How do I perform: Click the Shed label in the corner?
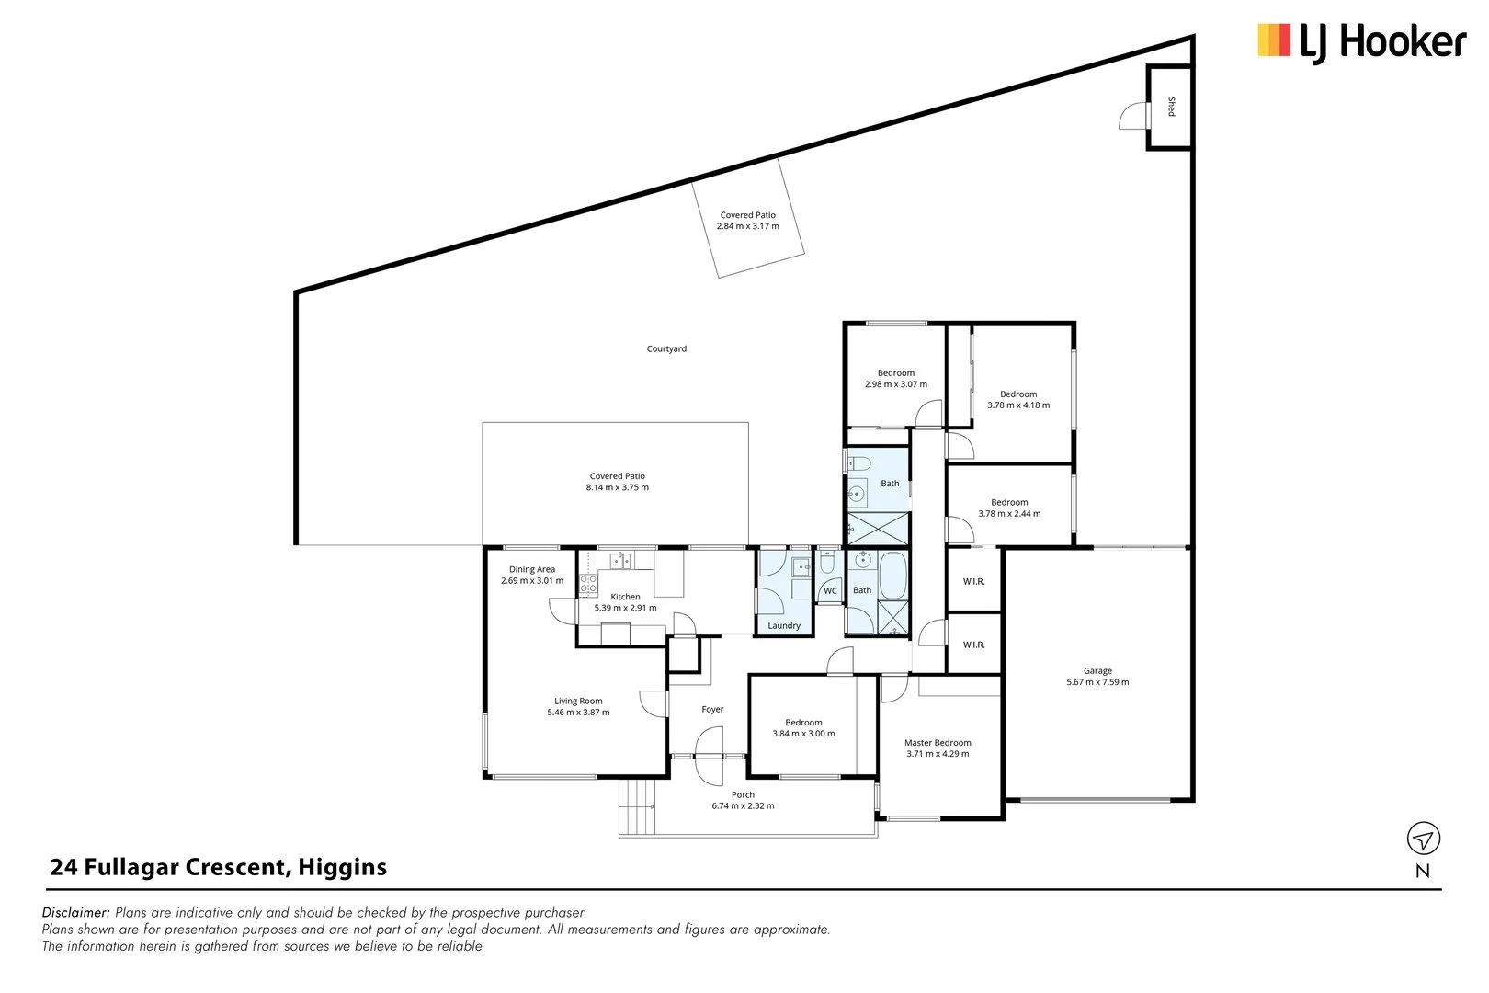(x=1171, y=107)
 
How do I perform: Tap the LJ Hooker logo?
(x=1360, y=42)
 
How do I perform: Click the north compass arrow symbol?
(x=1423, y=839)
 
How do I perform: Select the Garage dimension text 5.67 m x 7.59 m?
(x=1097, y=682)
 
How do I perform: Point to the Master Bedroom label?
(x=938, y=743)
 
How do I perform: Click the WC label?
(x=830, y=591)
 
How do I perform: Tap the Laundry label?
(x=784, y=626)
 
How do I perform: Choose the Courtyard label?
(x=666, y=349)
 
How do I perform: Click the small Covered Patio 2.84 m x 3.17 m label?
(x=747, y=221)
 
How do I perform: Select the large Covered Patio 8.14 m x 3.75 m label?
(x=618, y=482)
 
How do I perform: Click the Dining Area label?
(x=532, y=570)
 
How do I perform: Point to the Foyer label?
(x=712, y=710)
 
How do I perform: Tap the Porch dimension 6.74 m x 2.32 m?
(x=743, y=806)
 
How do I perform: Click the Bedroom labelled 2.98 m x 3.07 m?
(x=896, y=379)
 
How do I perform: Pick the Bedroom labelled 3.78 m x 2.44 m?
(x=1009, y=508)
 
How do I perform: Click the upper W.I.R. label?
(x=973, y=582)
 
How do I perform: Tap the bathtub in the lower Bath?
(x=892, y=575)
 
